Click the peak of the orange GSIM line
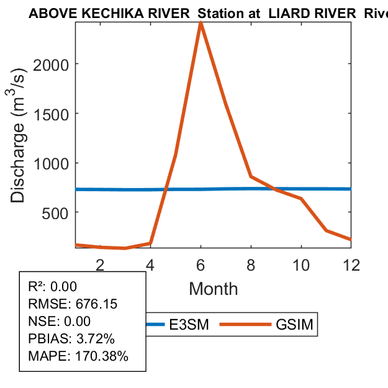[201, 23]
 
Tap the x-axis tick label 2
[100, 264]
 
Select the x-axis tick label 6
[201, 264]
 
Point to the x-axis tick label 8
[251, 264]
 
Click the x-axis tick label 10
[301, 264]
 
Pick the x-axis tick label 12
[351, 264]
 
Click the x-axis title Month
[213, 289]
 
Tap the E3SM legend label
[189, 325]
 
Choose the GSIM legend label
[294, 325]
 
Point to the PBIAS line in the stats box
[71, 339]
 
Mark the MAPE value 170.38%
[102, 356]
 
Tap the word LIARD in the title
[289, 14]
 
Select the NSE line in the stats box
[60, 322]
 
